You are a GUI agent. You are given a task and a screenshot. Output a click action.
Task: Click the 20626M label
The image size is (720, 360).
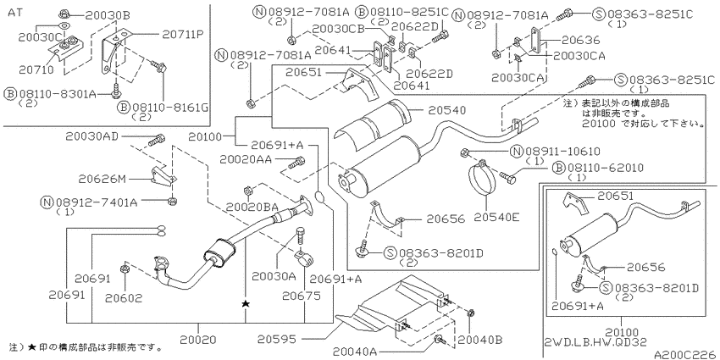(x=102, y=180)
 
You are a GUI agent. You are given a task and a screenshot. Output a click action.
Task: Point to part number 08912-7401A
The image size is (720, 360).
(x=95, y=202)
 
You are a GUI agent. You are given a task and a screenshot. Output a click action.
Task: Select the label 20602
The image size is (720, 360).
(x=124, y=298)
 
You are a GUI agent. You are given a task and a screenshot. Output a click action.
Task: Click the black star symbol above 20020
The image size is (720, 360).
(x=246, y=302)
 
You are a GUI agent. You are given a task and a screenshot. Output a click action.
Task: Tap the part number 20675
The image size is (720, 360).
(x=301, y=297)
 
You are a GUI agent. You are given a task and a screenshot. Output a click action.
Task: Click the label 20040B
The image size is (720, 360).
(x=479, y=340)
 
